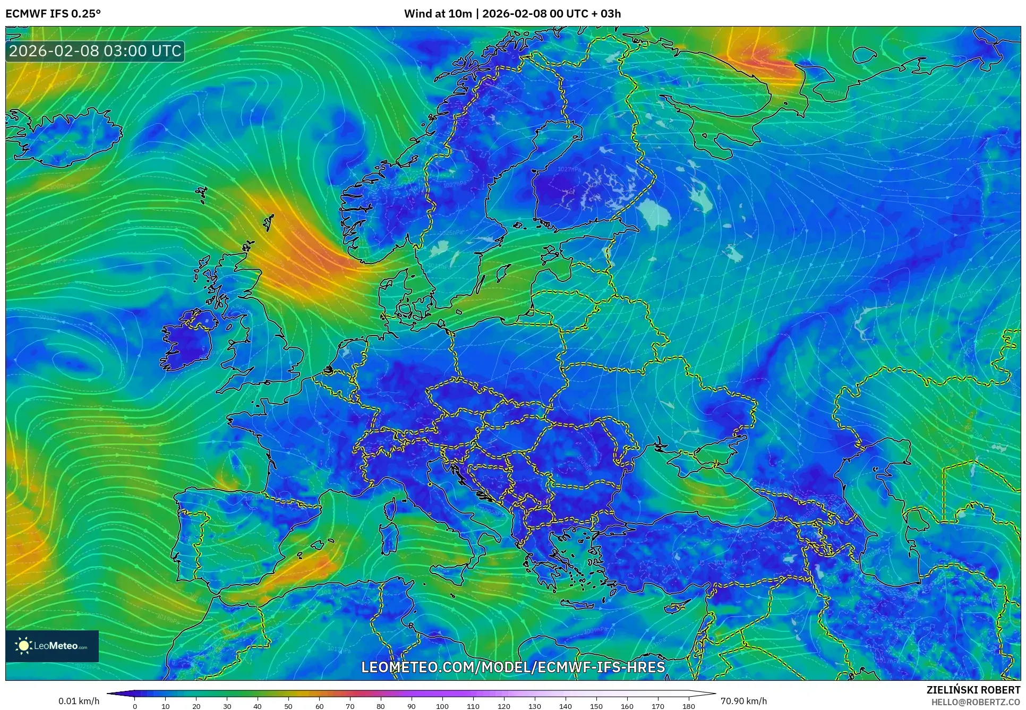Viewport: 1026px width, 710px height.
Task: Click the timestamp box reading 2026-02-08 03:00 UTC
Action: click(95, 51)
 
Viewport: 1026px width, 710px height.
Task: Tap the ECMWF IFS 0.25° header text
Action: click(53, 13)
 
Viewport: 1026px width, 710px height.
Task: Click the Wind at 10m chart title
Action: click(512, 13)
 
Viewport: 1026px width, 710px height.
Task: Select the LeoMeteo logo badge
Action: click(52, 646)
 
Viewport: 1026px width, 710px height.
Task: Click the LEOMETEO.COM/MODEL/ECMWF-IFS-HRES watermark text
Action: click(513, 667)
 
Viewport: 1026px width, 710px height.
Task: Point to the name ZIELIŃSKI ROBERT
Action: click(973, 690)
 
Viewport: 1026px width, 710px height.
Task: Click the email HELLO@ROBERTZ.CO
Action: click(976, 702)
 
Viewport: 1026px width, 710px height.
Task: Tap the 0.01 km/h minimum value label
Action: click(79, 701)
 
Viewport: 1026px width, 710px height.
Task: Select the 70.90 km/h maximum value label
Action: click(743, 701)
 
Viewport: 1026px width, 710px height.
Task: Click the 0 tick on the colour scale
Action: click(135, 706)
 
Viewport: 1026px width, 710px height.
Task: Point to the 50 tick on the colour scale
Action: click(288, 706)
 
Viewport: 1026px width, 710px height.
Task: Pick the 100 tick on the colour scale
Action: click(442, 706)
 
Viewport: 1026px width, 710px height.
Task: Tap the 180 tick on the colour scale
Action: click(688, 706)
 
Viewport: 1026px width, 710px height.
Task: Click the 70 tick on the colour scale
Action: click(350, 706)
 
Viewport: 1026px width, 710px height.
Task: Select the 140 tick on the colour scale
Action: click(566, 706)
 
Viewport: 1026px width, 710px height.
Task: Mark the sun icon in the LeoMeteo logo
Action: click(24, 646)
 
